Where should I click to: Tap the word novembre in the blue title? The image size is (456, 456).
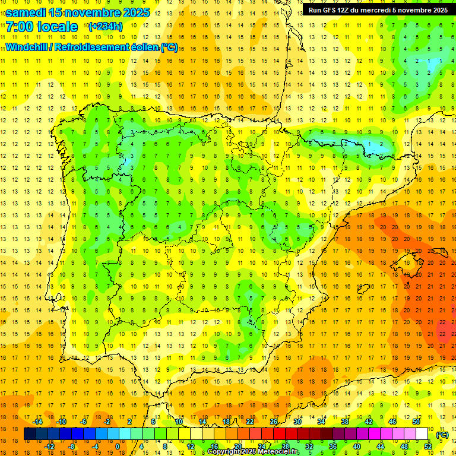[95, 12]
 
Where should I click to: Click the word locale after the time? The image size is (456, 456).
[56, 27]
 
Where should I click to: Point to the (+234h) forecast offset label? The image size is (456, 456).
[105, 27]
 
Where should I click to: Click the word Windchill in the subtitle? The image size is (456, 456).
[28, 47]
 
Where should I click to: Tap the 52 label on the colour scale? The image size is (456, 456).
[428, 446]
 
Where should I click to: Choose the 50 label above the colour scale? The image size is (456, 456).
[416, 422]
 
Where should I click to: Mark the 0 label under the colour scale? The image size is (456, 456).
[118, 446]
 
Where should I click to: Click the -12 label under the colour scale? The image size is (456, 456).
[49, 446]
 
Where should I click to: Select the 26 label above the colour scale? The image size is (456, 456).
[274, 422]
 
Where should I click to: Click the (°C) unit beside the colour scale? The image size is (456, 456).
[442, 435]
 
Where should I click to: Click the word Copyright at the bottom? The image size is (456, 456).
[226, 452]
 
